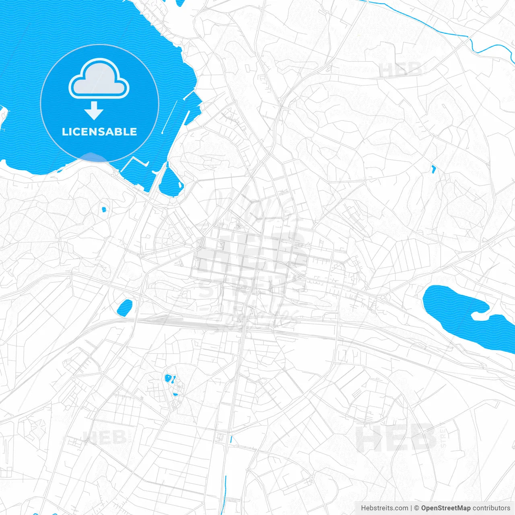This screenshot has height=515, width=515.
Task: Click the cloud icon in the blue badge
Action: click(99, 79)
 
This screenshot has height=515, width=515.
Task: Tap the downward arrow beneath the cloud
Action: click(94, 111)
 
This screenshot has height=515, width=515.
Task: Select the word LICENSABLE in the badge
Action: click(99, 132)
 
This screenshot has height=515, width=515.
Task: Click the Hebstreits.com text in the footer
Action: click(384, 508)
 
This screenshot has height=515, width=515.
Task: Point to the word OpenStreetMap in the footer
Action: click(445, 508)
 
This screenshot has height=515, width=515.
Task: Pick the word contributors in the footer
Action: click(491, 508)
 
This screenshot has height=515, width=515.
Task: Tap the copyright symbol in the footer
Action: click(417, 508)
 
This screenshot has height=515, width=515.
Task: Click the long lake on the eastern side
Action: click(463, 310)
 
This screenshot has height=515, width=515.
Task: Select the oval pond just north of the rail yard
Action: click(125, 307)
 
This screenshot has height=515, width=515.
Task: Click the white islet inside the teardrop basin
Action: click(180, 185)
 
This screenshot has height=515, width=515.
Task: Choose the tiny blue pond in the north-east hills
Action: click(433, 169)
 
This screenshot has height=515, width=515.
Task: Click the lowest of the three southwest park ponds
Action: click(175, 394)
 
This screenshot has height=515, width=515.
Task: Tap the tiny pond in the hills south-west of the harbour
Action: click(104, 209)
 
